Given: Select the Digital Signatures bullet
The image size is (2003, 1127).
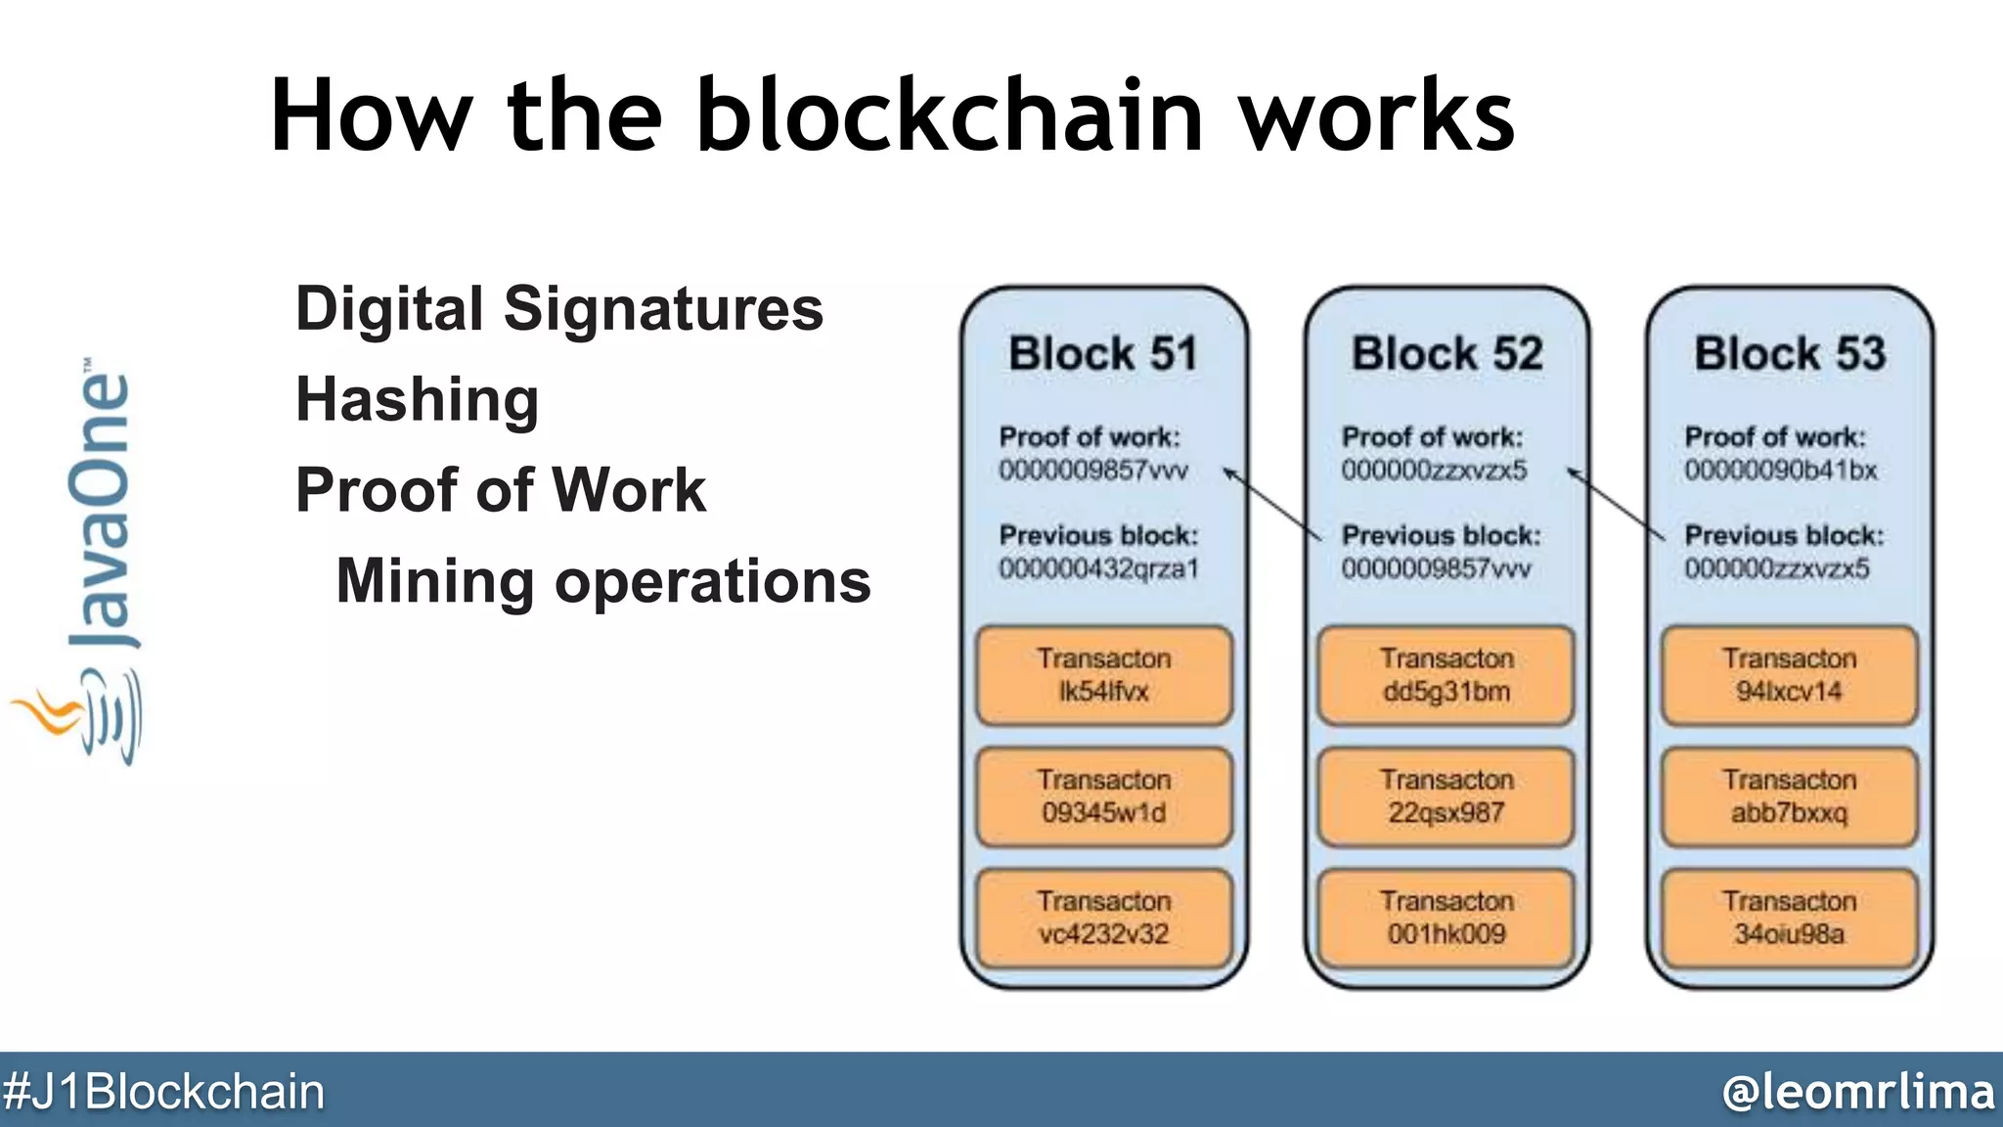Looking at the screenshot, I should [559, 309].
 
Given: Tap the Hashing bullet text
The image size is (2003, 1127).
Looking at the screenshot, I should [418, 400].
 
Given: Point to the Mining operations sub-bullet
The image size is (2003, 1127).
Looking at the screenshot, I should [602, 581].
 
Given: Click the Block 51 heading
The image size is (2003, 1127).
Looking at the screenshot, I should [1103, 353].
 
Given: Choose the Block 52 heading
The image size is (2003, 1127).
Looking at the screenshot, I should [1447, 353].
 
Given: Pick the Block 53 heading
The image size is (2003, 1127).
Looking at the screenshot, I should [1790, 353].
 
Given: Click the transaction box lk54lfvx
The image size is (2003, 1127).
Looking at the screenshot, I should [1104, 675].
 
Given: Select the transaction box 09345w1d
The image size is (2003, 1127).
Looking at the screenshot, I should [1104, 796].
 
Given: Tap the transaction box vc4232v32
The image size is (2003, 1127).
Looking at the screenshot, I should [1104, 918].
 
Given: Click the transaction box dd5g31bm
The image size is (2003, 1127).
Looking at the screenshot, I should [1447, 675].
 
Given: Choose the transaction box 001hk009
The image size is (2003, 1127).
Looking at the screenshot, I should [1447, 918].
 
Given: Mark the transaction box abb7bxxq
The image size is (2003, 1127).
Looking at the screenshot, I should [1790, 796].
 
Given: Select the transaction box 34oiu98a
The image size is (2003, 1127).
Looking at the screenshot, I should [1790, 918].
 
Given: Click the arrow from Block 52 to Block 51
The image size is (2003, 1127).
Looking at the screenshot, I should [1271, 505].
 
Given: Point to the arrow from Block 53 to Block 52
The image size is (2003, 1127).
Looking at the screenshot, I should [1615, 505].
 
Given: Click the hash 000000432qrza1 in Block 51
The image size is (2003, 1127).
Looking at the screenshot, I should [1098, 568].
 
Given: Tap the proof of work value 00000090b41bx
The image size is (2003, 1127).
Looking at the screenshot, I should [1780, 471].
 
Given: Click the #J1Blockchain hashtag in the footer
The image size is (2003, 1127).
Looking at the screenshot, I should [163, 1091].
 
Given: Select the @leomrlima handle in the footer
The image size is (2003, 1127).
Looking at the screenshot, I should [1857, 1091].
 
